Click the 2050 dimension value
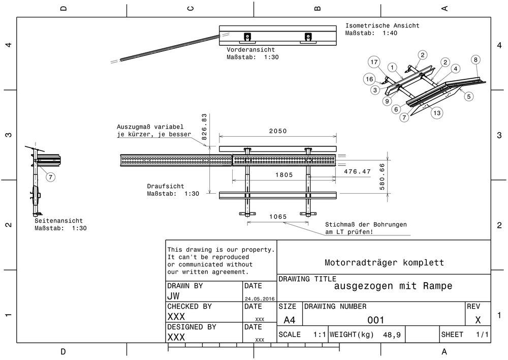point(278,131)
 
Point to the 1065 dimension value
point(277,217)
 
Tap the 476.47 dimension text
point(358,172)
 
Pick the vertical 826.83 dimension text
point(205,127)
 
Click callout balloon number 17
point(374,62)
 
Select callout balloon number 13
point(436,113)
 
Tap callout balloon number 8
point(475,59)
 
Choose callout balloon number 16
point(369,79)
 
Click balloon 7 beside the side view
point(51,177)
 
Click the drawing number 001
point(375,319)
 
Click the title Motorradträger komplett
point(384,262)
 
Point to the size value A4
point(289,320)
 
